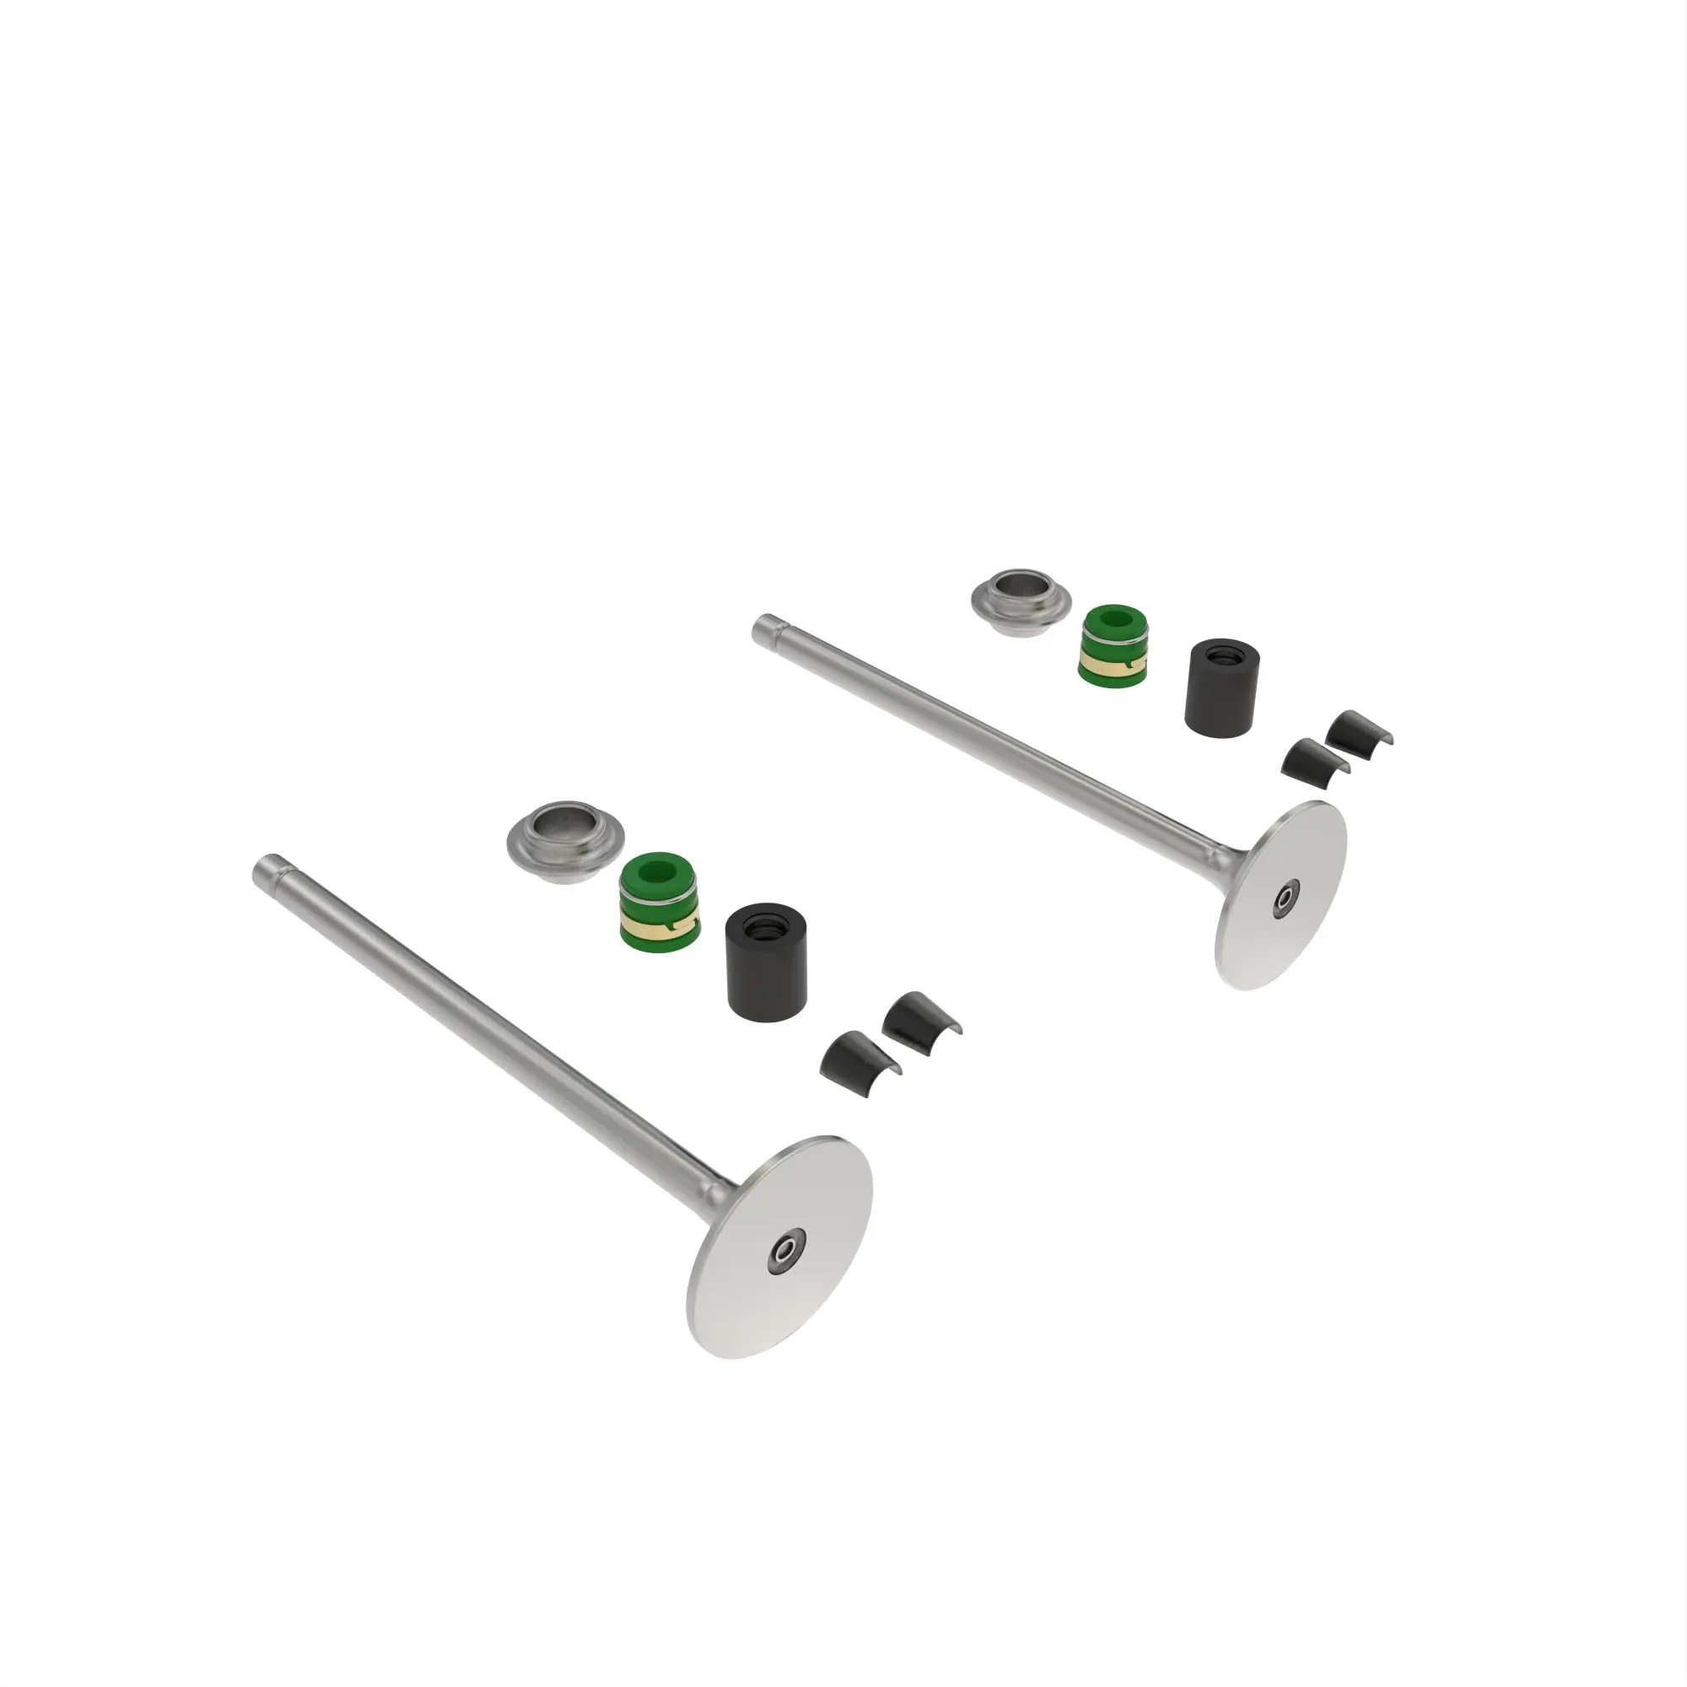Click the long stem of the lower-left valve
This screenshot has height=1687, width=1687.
489,1031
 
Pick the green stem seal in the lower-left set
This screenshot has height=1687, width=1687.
658,902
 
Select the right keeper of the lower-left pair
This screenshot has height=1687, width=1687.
917,1016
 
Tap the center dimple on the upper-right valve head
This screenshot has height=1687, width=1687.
1286,897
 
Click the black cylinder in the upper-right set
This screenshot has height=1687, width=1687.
1220,688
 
